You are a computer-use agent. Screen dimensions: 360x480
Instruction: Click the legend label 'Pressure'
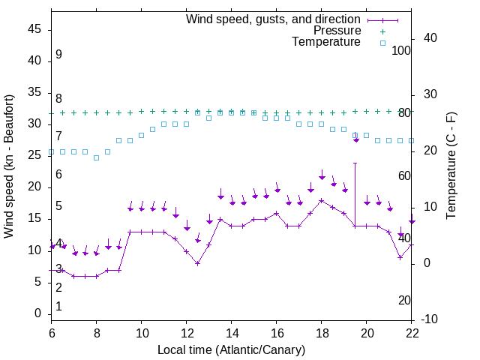click(337, 31)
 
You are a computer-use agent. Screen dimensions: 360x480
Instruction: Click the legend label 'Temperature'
click(326, 42)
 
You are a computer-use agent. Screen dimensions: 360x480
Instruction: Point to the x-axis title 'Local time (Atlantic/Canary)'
click(232, 349)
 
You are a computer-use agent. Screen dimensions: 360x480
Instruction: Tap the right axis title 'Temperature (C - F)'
click(451, 166)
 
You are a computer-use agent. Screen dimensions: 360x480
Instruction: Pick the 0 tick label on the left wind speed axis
click(39, 313)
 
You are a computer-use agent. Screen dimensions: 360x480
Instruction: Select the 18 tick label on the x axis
click(322, 331)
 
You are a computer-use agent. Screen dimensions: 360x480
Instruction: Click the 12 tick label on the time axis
click(187, 331)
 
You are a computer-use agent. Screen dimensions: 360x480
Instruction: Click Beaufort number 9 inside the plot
click(58, 55)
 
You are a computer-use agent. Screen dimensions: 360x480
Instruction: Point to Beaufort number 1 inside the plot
click(58, 307)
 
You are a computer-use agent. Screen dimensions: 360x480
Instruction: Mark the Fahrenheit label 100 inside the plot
click(401, 50)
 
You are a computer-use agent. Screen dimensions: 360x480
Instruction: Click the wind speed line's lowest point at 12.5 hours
click(197, 263)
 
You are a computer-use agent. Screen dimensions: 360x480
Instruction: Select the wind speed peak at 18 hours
click(322, 200)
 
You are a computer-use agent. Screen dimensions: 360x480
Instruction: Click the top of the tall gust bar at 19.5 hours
click(355, 163)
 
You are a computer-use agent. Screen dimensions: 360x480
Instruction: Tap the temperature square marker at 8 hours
click(96, 157)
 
